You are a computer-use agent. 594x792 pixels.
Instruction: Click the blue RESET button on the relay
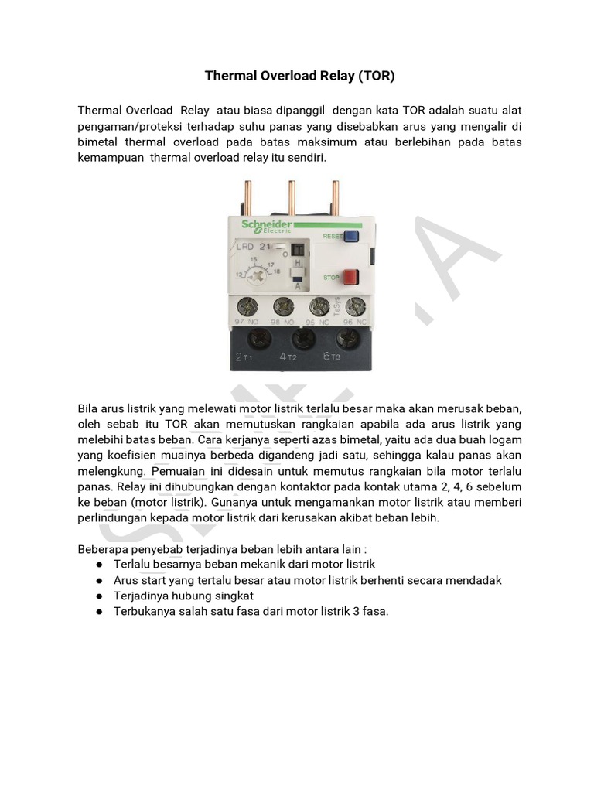point(351,237)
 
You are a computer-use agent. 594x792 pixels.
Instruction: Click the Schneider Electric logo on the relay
point(266,226)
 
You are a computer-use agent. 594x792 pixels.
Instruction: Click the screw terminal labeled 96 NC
point(355,305)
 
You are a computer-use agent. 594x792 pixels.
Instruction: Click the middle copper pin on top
point(292,198)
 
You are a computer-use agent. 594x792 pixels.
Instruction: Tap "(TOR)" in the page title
point(377,76)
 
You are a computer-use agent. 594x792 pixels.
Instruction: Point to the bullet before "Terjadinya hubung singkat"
point(100,596)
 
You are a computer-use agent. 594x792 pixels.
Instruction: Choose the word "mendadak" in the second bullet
point(474,580)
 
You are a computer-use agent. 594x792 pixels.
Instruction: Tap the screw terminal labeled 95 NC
point(319,305)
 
